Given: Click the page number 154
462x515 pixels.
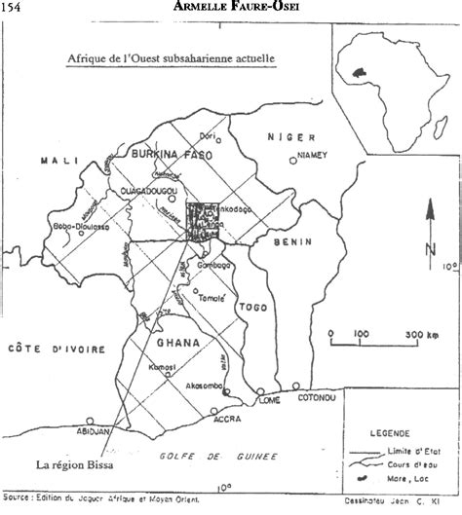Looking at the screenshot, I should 15,8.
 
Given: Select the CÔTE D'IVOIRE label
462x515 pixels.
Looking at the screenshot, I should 40,348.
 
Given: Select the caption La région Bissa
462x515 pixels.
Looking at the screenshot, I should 74,463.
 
